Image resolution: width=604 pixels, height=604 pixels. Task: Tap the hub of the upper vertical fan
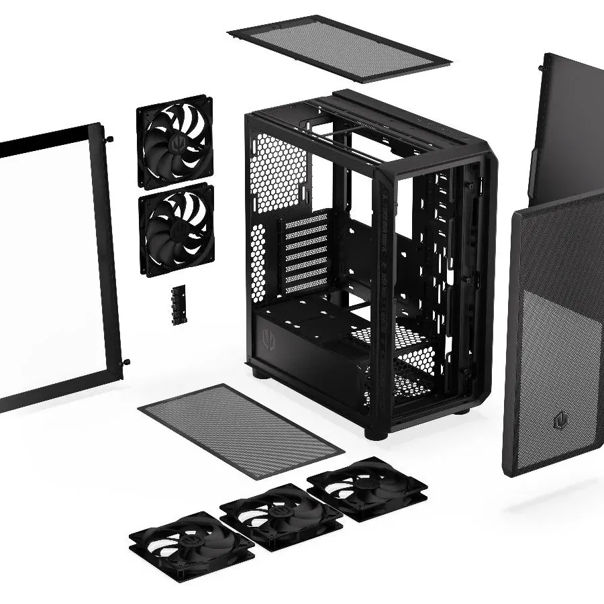pos(176,142)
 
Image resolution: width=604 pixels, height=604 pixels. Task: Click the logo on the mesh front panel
pos(558,421)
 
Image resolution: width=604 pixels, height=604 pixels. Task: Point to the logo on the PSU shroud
pos(270,335)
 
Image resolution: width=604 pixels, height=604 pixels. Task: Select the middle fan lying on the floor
pos(280,513)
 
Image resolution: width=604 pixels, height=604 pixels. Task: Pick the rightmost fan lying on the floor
pos(366,486)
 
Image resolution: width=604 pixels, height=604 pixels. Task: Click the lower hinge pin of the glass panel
pos(125,362)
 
